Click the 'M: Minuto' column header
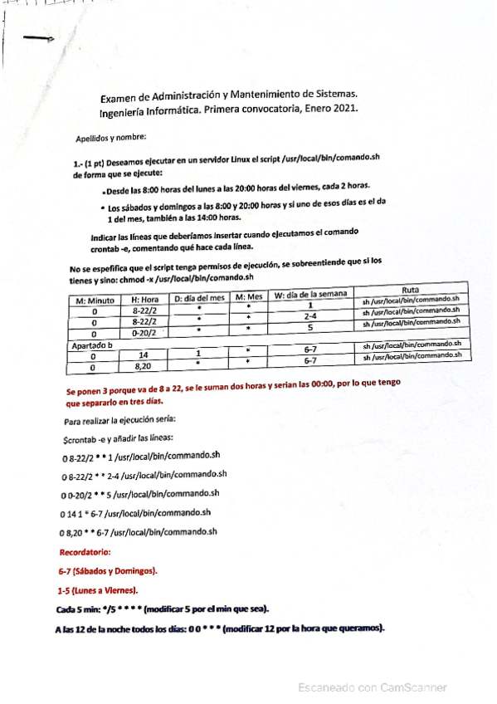(x=95, y=300)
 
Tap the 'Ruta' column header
(x=410, y=289)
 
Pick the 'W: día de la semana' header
(x=309, y=293)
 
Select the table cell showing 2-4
(x=309, y=316)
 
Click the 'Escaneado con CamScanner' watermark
(x=373, y=687)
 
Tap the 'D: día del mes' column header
(x=198, y=297)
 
